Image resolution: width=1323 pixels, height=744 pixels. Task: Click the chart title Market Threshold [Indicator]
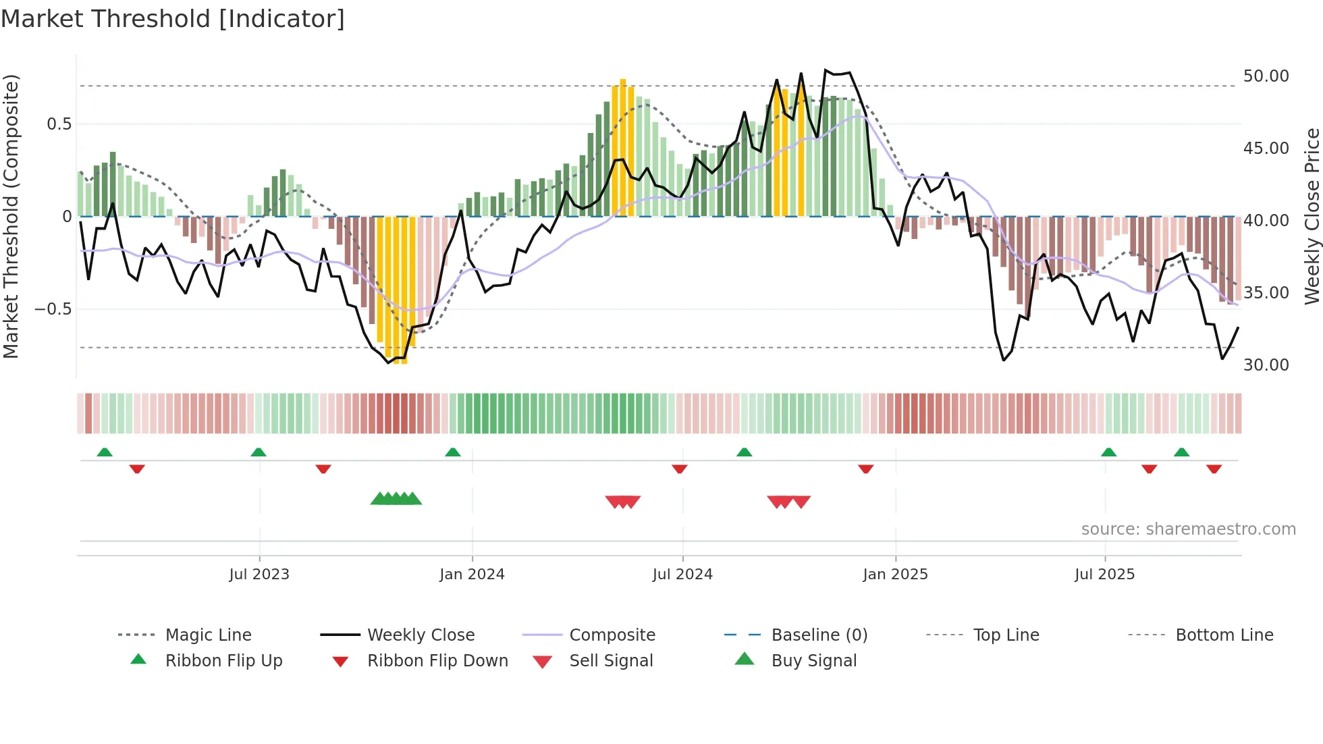click(173, 19)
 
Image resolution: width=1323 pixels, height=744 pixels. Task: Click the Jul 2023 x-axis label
click(259, 575)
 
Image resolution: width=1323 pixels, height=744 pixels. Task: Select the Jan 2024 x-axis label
click(472, 575)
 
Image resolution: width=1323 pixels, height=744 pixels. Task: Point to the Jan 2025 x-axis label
click(895, 575)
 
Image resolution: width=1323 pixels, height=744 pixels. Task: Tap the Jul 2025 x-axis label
click(1104, 575)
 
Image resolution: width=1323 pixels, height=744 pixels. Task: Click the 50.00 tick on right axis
click(1266, 76)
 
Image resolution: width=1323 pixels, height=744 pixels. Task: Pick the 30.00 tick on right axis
click(1266, 365)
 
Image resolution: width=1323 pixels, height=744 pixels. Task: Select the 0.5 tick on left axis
click(59, 124)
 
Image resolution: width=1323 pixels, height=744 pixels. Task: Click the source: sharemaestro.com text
click(1188, 529)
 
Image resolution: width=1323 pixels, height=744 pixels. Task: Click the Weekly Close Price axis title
click(1312, 216)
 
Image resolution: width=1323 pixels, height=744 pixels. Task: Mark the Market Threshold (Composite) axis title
click(11, 216)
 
